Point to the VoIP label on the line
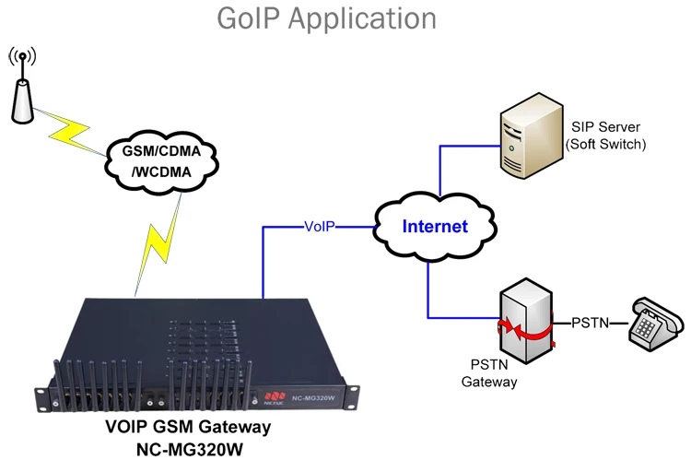point(320,226)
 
